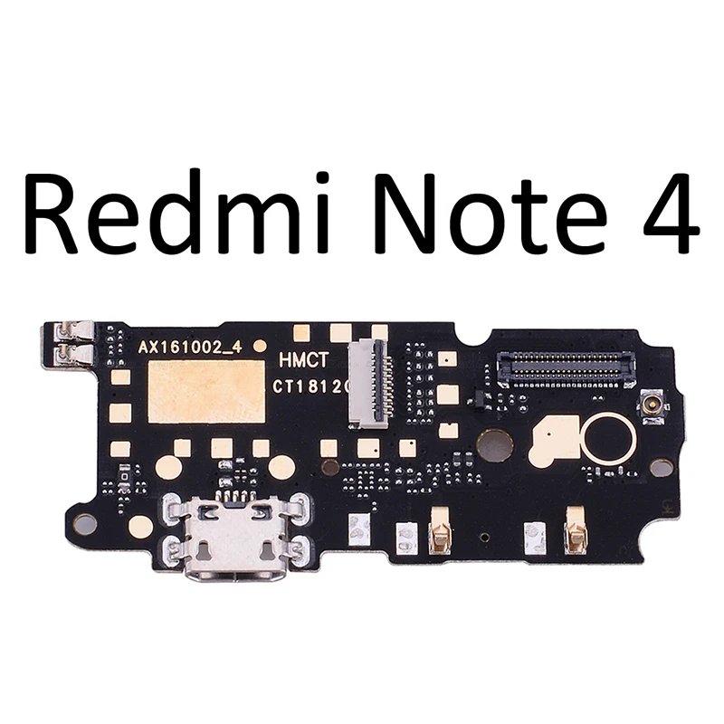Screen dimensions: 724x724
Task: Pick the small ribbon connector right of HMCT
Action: [x=371, y=380]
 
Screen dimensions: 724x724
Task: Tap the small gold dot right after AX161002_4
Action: [x=261, y=346]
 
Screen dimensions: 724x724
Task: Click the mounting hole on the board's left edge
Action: [x=85, y=521]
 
